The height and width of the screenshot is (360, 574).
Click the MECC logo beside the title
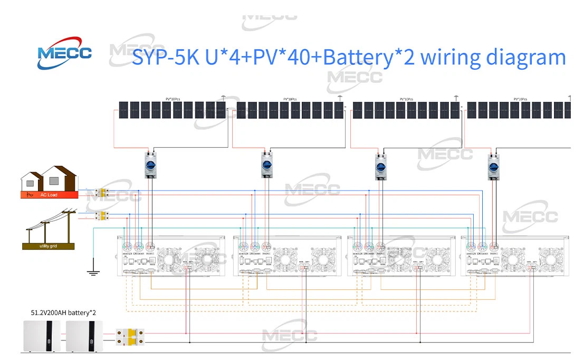click(x=64, y=53)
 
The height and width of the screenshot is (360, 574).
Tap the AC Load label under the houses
click(x=49, y=195)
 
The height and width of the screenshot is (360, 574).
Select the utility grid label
click(x=48, y=247)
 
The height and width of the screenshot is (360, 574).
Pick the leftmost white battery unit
click(x=42, y=336)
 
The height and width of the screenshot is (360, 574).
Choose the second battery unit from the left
click(x=85, y=336)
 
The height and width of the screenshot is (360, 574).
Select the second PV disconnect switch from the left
click(x=266, y=165)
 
